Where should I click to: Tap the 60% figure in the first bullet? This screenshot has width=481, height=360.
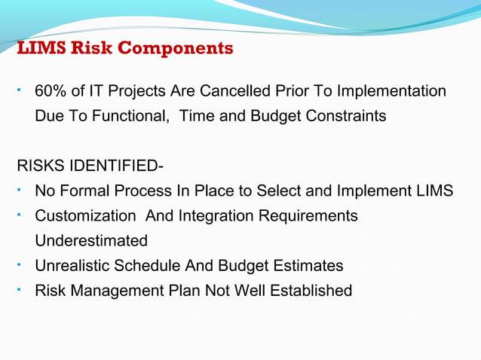(49, 92)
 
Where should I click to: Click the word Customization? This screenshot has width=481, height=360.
(84, 216)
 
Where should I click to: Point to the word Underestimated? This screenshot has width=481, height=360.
(91, 241)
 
